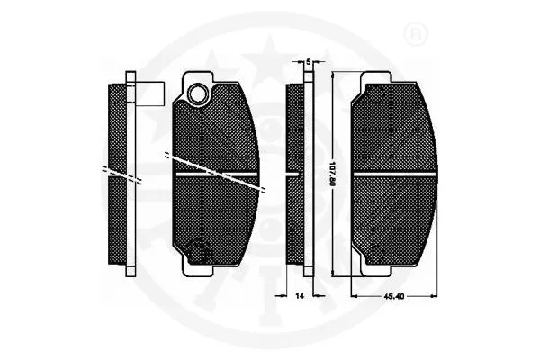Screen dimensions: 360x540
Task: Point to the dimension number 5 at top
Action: click(x=308, y=61)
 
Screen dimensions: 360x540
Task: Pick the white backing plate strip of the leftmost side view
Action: click(x=130, y=171)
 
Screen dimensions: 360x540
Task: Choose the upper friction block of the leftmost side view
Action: click(x=116, y=126)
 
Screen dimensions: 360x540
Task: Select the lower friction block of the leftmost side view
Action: click(x=116, y=220)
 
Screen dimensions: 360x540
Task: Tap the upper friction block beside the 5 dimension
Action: click(x=294, y=126)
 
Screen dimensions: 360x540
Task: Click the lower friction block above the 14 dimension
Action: click(x=294, y=220)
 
